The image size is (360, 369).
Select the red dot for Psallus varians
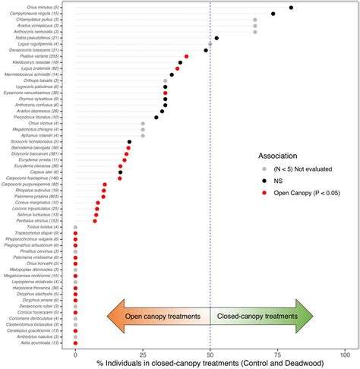(x=186, y=56)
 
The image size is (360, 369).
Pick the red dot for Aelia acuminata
(x=75, y=343)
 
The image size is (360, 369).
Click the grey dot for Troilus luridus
(x=75, y=227)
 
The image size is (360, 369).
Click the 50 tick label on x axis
(x=210, y=355)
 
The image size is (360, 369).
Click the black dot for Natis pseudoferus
(x=216, y=38)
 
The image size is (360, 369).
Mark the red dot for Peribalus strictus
(x=95, y=221)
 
